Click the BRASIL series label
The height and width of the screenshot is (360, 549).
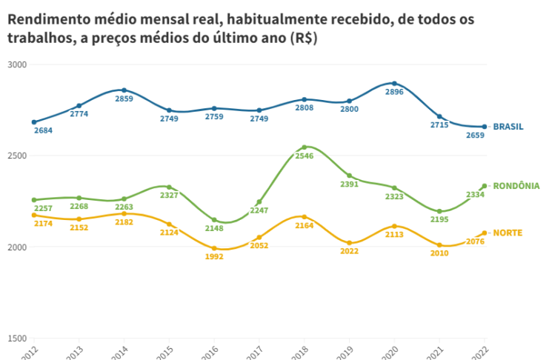[x=508, y=127]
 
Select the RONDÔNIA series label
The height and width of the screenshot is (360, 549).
[x=516, y=186]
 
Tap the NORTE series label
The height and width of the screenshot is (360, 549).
[x=508, y=233]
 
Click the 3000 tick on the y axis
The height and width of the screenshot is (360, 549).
[x=17, y=64]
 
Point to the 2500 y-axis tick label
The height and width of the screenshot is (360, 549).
[x=17, y=156]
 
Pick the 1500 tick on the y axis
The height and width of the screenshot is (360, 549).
[x=17, y=338]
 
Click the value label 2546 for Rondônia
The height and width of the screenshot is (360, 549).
[x=304, y=156]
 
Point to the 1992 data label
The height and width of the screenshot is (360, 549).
[x=213, y=257]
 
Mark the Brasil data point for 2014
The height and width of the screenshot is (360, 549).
[x=124, y=90]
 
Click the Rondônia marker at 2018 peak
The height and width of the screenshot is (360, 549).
[x=304, y=147]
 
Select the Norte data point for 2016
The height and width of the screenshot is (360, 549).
[x=214, y=248]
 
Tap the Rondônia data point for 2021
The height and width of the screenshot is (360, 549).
[x=439, y=211]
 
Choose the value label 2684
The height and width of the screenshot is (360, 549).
[x=44, y=131]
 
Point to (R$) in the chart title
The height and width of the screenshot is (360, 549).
[x=299, y=39]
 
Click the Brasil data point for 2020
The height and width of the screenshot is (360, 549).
[x=394, y=84]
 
